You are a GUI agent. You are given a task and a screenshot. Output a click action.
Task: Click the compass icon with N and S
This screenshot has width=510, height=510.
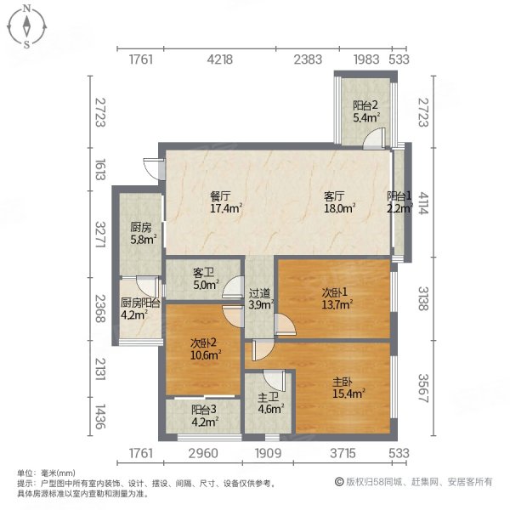pos(28,26)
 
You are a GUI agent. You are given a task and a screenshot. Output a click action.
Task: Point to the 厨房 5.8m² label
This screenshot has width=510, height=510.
pos(142,233)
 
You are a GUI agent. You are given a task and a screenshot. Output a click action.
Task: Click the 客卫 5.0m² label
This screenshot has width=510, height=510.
pos(204,279)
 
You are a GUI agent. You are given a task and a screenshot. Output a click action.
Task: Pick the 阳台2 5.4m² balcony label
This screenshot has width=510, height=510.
pos(365,111)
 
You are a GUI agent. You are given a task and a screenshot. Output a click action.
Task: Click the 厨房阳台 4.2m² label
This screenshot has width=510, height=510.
pos(136,309)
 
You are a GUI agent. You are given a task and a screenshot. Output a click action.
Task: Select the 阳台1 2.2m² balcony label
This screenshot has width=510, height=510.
pos(399,201)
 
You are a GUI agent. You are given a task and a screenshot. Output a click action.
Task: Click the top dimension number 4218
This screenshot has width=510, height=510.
pos(220,59)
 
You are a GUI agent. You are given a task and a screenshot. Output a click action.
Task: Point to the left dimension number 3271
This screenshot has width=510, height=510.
pos(99,235)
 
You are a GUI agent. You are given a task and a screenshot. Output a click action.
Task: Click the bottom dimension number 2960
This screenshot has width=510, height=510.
pos(205,452)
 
